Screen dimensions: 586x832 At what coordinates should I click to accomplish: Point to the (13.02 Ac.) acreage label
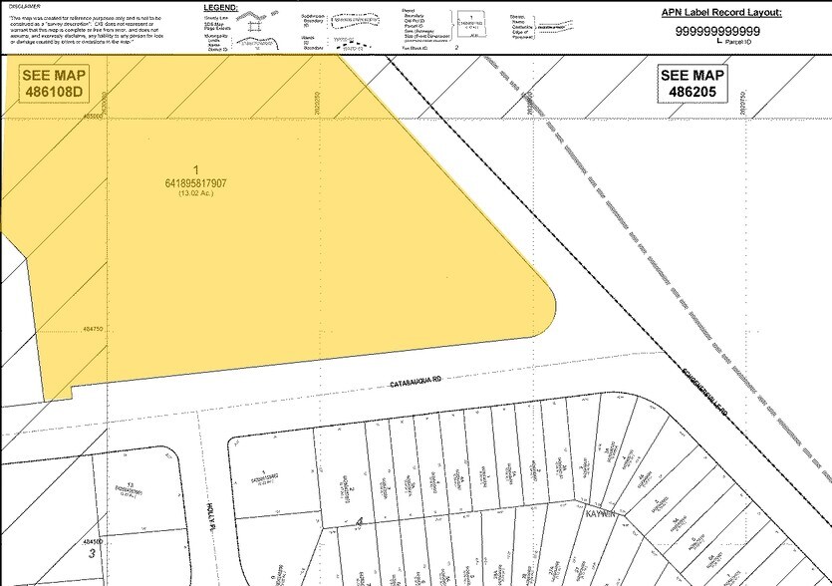[195, 193]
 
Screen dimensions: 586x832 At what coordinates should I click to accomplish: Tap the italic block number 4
[359, 521]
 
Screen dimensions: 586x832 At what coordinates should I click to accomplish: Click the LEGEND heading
[248, 8]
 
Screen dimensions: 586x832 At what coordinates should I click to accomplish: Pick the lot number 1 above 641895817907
[196, 170]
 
